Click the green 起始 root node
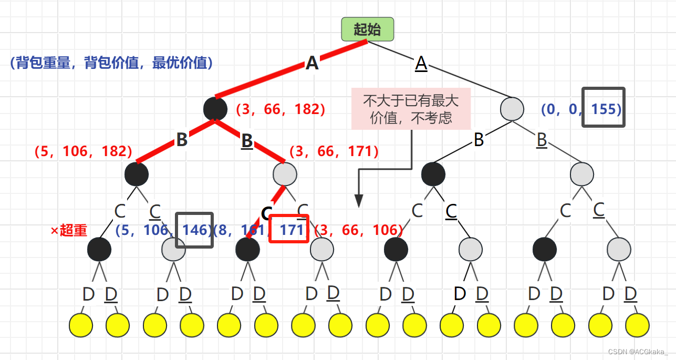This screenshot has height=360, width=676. point(367,29)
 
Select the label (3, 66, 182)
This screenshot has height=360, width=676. point(280,109)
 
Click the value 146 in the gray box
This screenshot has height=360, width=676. point(194,230)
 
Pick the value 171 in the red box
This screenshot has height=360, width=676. point(288,230)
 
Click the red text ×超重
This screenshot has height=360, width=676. point(69,231)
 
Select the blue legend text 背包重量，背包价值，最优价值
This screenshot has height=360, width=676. point(111,64)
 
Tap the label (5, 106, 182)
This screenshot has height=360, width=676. point(83,151)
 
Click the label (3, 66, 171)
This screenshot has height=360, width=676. point(334,151)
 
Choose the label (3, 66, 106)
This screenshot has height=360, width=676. point(359,230)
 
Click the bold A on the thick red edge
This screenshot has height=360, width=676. point(312,64)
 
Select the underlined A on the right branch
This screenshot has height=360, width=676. point(421,64)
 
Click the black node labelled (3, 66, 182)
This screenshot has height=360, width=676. point(215,109)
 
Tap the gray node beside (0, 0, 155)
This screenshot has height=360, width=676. point(512,109)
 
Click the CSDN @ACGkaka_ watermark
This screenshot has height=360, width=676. point(638,352)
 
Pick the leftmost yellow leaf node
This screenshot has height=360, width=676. point(81,325)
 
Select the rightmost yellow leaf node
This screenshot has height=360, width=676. point(637,325)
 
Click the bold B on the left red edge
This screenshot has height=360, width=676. point(182,140)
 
